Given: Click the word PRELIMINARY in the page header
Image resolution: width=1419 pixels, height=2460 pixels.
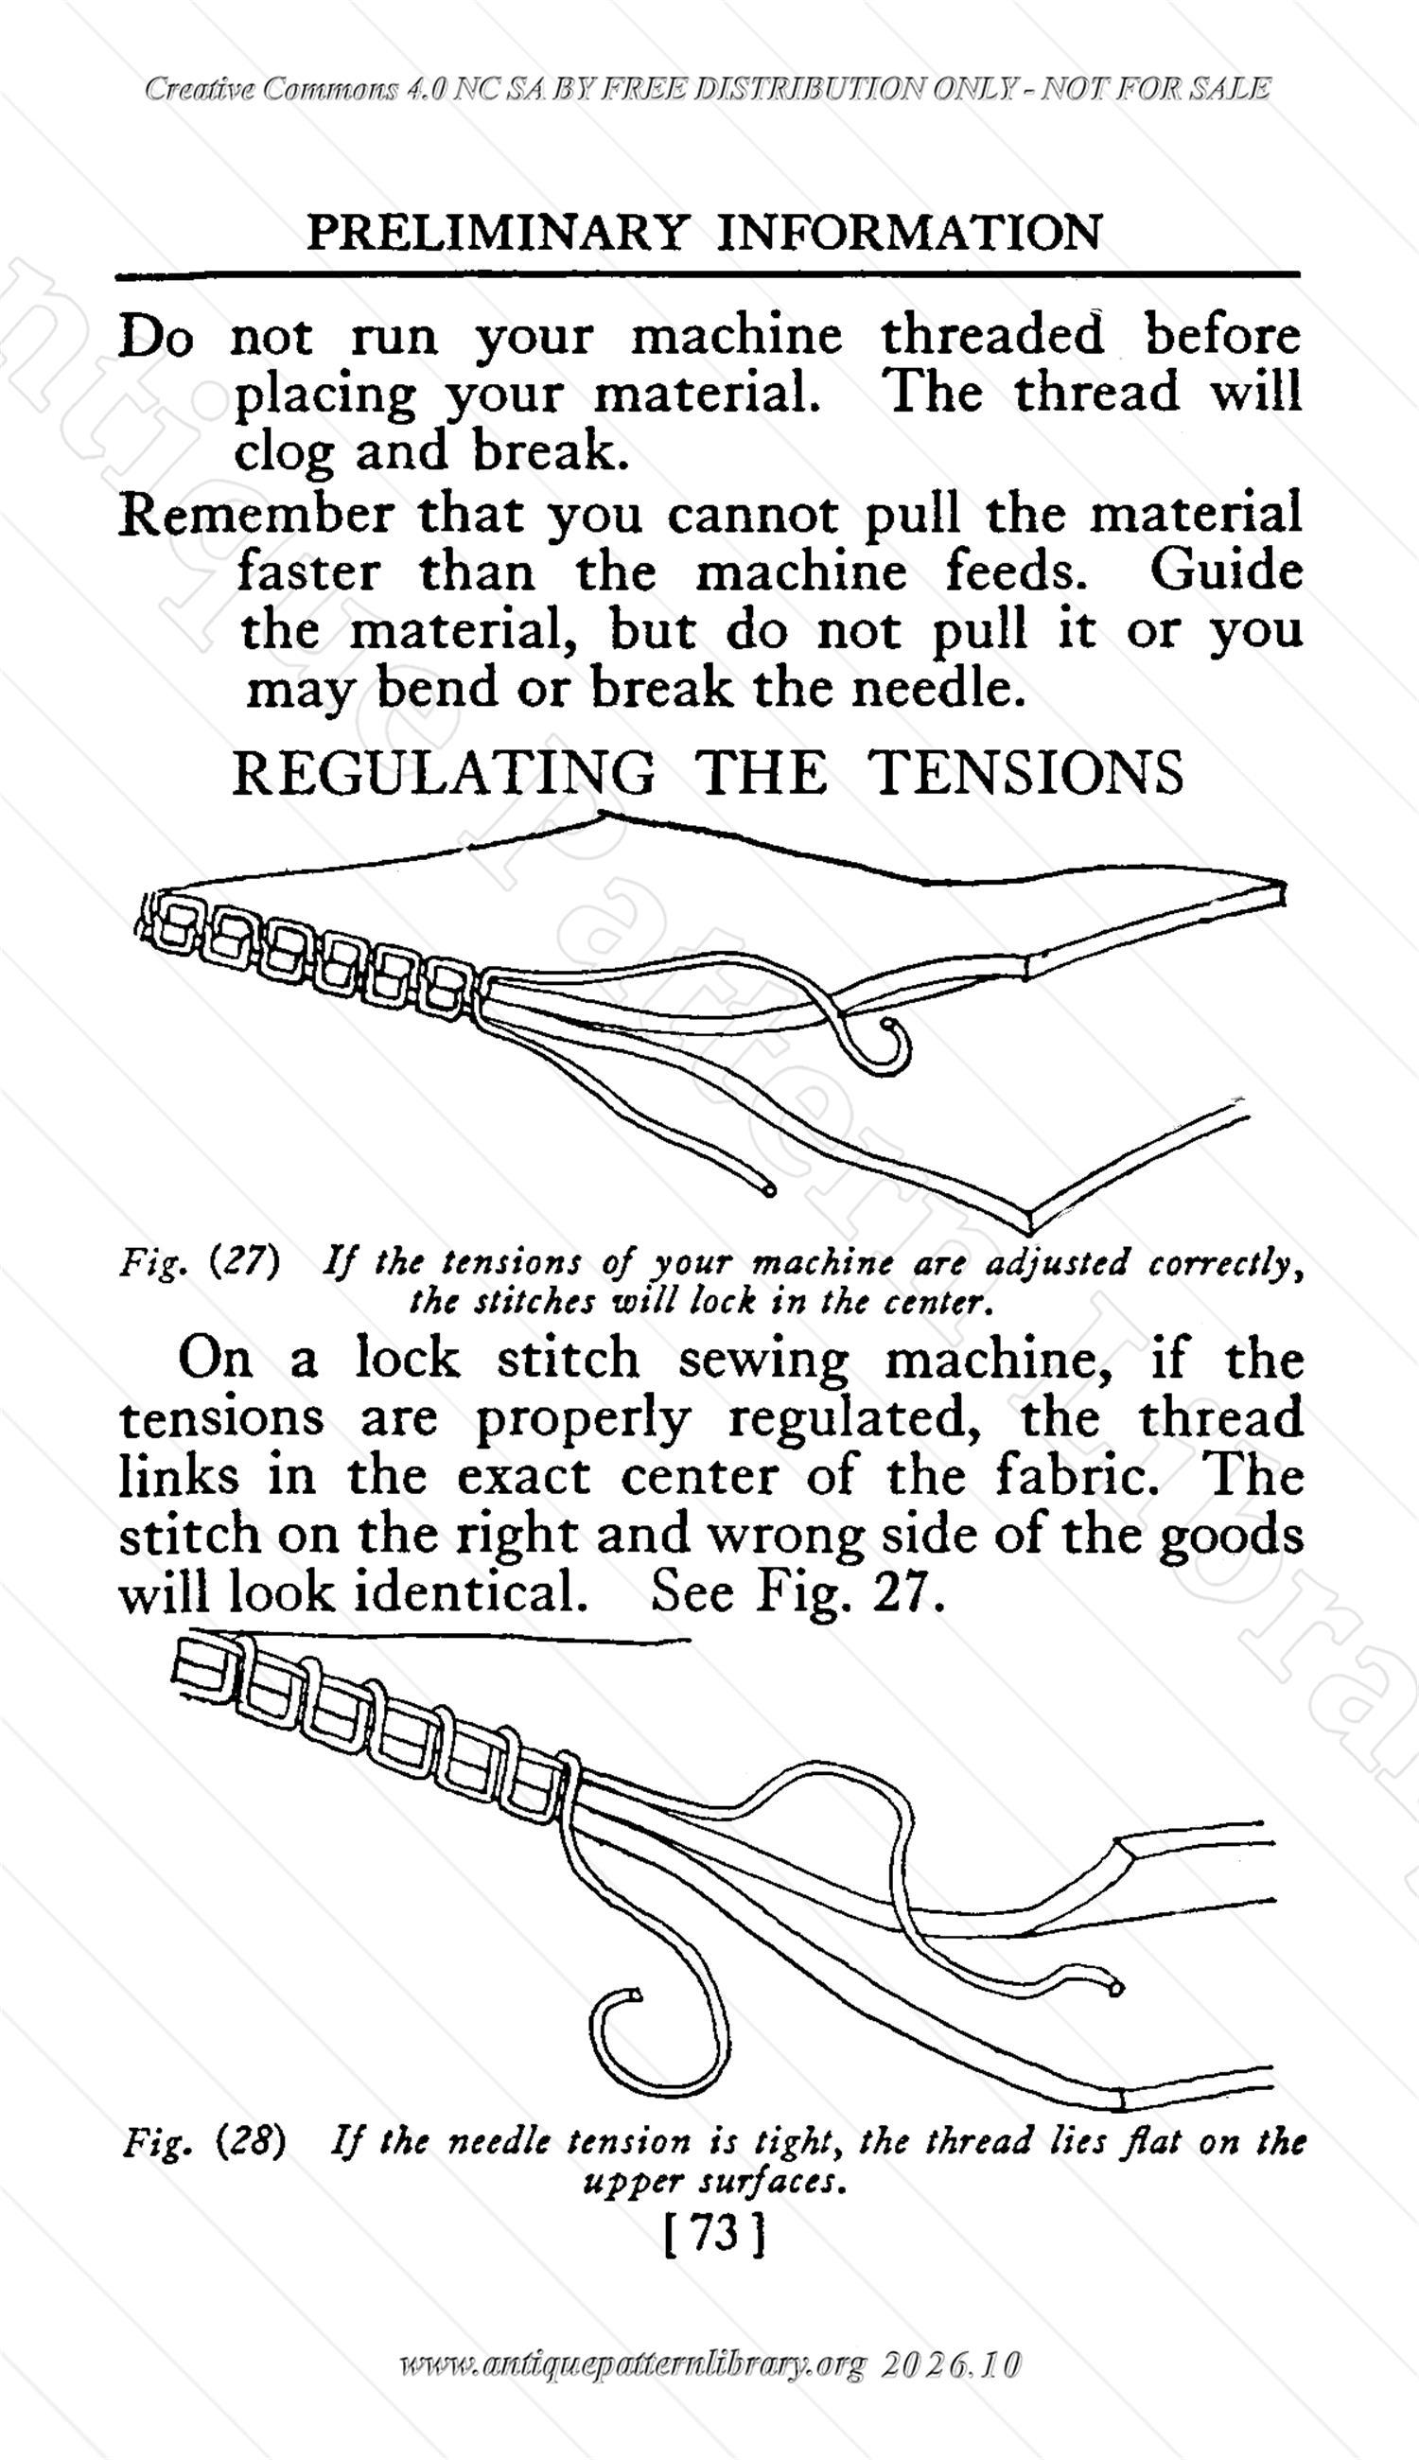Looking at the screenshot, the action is tap(496, 233).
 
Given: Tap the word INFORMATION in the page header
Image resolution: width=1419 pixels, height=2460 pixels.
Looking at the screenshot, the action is tap(909, 233).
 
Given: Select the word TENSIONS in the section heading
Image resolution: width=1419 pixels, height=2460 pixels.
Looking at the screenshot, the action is tap(1027, 773).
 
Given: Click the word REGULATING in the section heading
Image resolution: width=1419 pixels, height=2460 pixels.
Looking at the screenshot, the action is tap(444, 773).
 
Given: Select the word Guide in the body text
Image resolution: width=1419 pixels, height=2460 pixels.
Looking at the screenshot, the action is tap(1225, 571).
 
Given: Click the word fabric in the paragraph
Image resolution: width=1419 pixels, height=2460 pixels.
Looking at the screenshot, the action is tap(1077, 1477).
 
